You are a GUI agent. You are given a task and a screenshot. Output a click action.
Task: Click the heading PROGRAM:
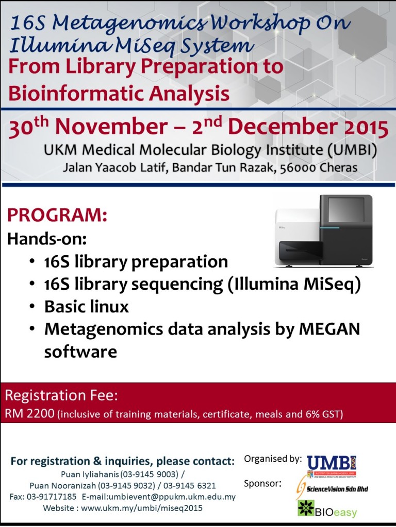point(57,215)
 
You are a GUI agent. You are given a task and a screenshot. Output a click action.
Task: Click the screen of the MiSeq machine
point(346,209)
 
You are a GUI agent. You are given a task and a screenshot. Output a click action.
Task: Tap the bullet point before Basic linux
point(33,307)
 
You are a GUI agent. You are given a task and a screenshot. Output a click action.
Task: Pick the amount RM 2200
point(29,413)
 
